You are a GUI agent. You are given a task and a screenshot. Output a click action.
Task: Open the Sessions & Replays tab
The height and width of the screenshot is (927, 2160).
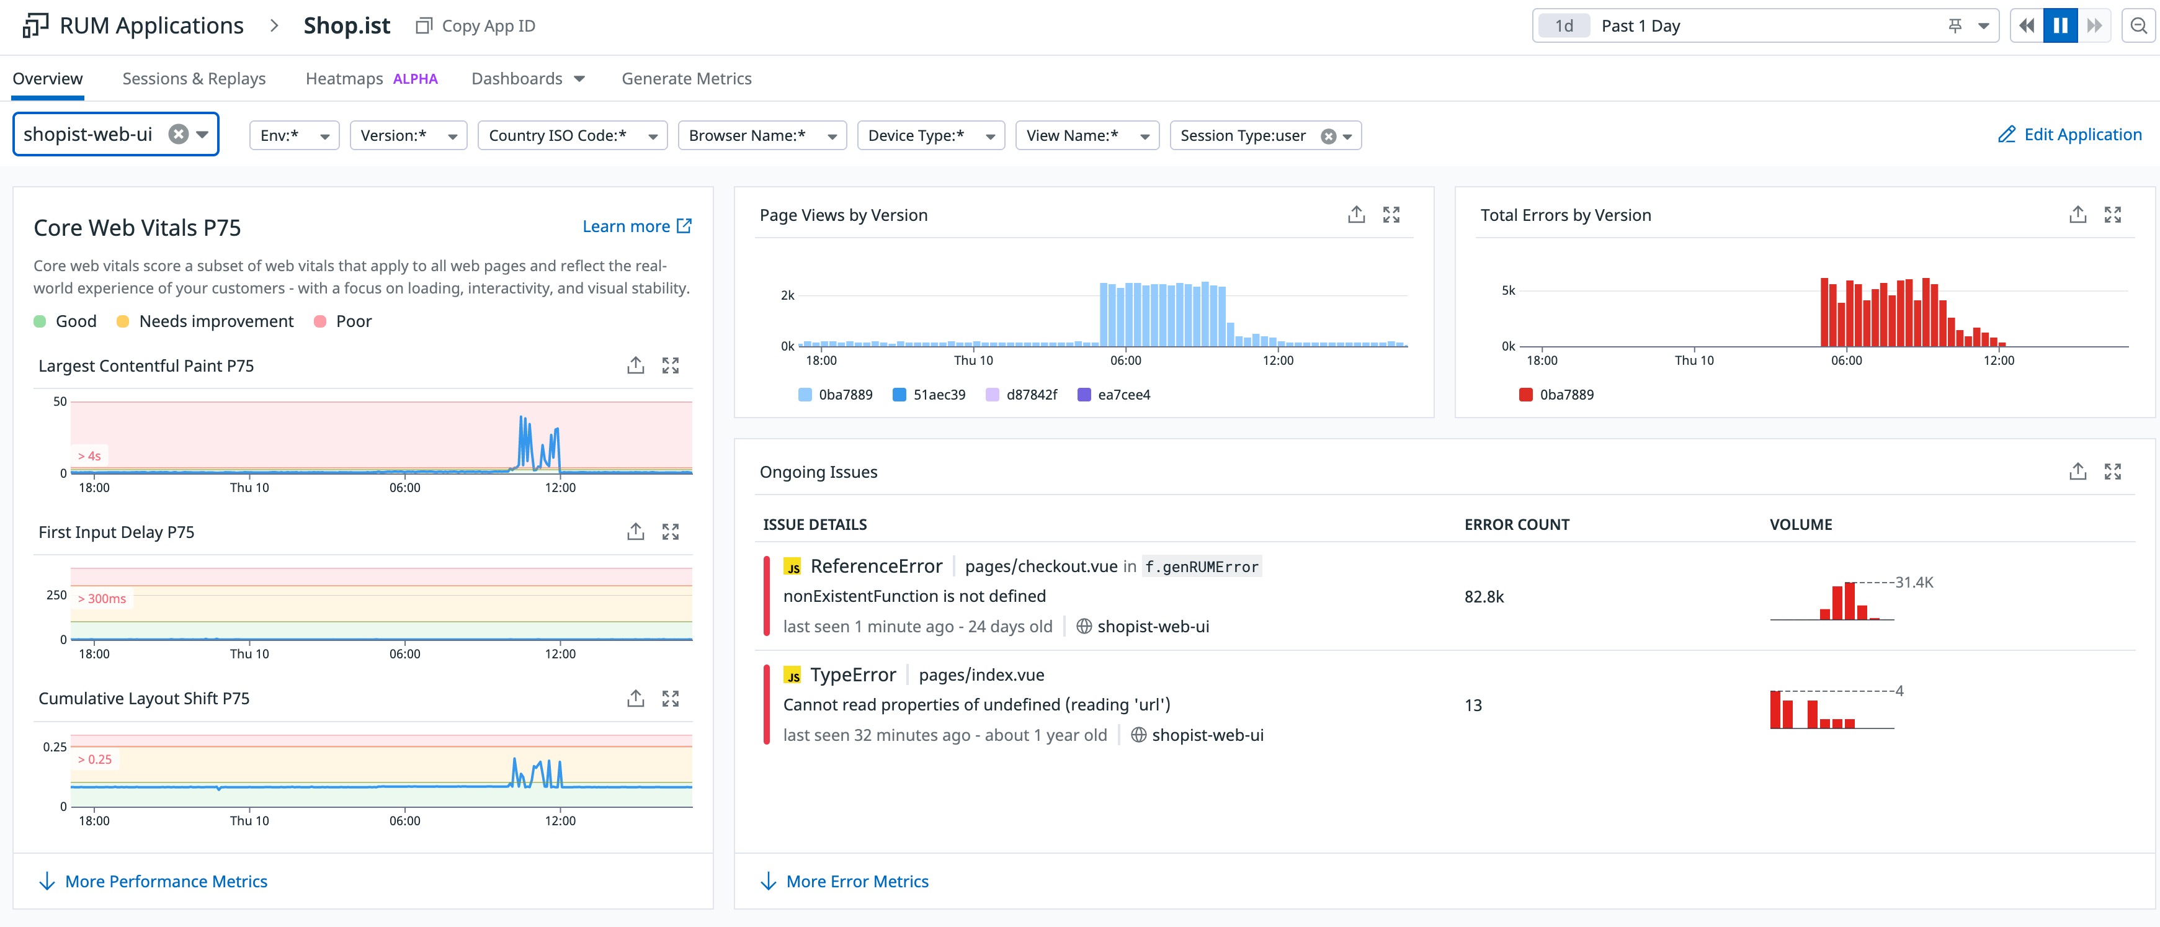(x=194, y=78)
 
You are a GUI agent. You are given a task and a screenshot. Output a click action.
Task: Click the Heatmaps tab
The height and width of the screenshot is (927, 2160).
(x=344, y=78)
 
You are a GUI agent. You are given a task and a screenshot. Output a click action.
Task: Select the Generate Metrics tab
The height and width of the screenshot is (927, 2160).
(x=686, y=78)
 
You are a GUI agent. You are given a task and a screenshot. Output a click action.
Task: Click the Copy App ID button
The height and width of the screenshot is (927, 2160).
(x=475, y=26)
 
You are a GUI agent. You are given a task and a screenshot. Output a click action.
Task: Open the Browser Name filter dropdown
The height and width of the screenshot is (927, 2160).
(x=761, y=135)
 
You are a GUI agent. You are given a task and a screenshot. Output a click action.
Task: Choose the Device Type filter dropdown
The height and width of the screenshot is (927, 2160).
(x=930, y=135)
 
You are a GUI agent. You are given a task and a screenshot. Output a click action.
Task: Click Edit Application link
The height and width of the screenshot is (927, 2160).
(x=2069, y=134)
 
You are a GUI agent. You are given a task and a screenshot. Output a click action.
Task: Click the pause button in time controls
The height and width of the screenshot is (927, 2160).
(x=2060, y=25)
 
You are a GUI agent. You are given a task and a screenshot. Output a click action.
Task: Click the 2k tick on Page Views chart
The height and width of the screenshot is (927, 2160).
(x=787, y=295)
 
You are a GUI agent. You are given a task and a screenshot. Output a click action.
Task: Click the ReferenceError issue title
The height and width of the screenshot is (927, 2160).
(x=875, y=566)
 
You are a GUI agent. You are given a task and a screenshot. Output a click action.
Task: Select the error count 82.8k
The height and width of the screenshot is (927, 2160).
(x=1483, y=596)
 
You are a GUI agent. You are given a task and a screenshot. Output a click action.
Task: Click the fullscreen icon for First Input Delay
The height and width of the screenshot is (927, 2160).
(x=670, y=532)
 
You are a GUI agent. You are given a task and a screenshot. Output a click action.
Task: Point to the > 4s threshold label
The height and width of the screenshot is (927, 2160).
(x=89, y=455)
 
